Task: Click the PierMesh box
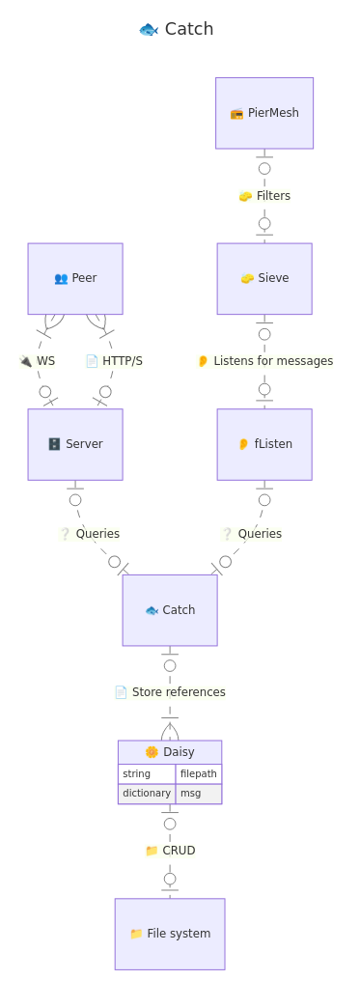pos(264,113)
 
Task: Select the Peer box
pos(75,278)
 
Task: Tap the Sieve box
pos(264,278)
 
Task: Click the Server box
pos(75,444)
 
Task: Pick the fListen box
pos(264,444)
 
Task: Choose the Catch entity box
pos(170,610)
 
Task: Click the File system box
pos(170,934)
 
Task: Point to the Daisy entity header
pos(170,752)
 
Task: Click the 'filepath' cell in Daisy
pos(198,774)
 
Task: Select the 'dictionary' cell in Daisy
pos(147,794)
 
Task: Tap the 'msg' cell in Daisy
pos(198,794)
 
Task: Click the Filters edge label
pos(264,196)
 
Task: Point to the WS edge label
pos(38,361)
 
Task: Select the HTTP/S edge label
pos(114,361)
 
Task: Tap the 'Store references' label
pos(170,692)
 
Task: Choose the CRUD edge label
pos(170,851)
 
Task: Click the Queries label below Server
pos(90,534)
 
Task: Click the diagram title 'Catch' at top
pos(177,29)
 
